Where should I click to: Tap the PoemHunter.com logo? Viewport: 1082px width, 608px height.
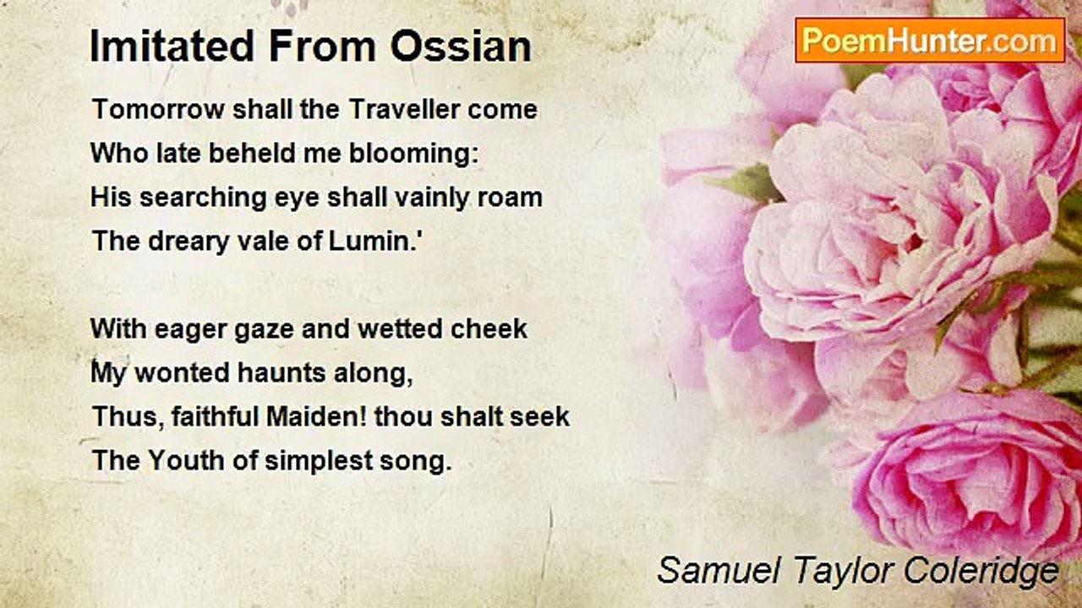click(930, 41)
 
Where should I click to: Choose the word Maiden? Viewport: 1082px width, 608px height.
click(309, 416)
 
